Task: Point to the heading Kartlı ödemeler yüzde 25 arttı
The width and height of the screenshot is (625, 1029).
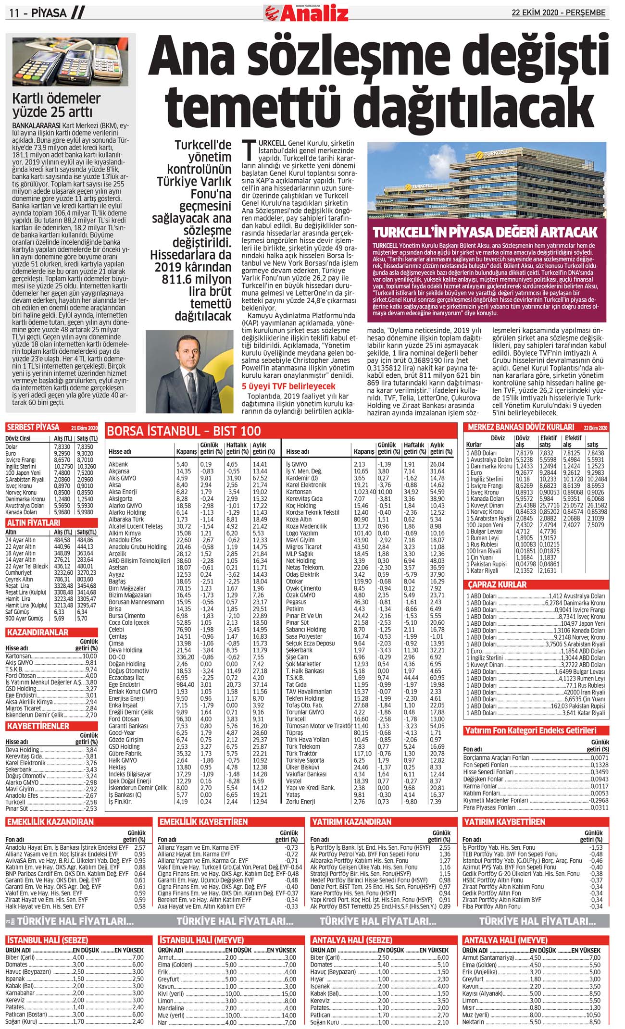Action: [x=56, y=105]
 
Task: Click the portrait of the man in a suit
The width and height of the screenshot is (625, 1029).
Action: [x=191, y=371]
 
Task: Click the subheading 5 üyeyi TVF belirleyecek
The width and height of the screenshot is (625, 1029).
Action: [x=288, y=386]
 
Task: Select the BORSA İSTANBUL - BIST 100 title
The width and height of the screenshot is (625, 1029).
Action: [x=184, y=431]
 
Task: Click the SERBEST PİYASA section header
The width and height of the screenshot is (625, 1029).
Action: [x=33, y=427]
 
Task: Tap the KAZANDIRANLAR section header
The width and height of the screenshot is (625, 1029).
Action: [x=37, y=632]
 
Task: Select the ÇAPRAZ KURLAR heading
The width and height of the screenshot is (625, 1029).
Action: [x=498, y=584]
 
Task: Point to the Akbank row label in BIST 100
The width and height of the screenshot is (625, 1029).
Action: [x=118, y=464]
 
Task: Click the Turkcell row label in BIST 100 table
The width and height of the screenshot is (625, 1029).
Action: [x=296, y=719]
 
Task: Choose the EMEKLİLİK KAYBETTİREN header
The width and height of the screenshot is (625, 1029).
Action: [x=203, y=822]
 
